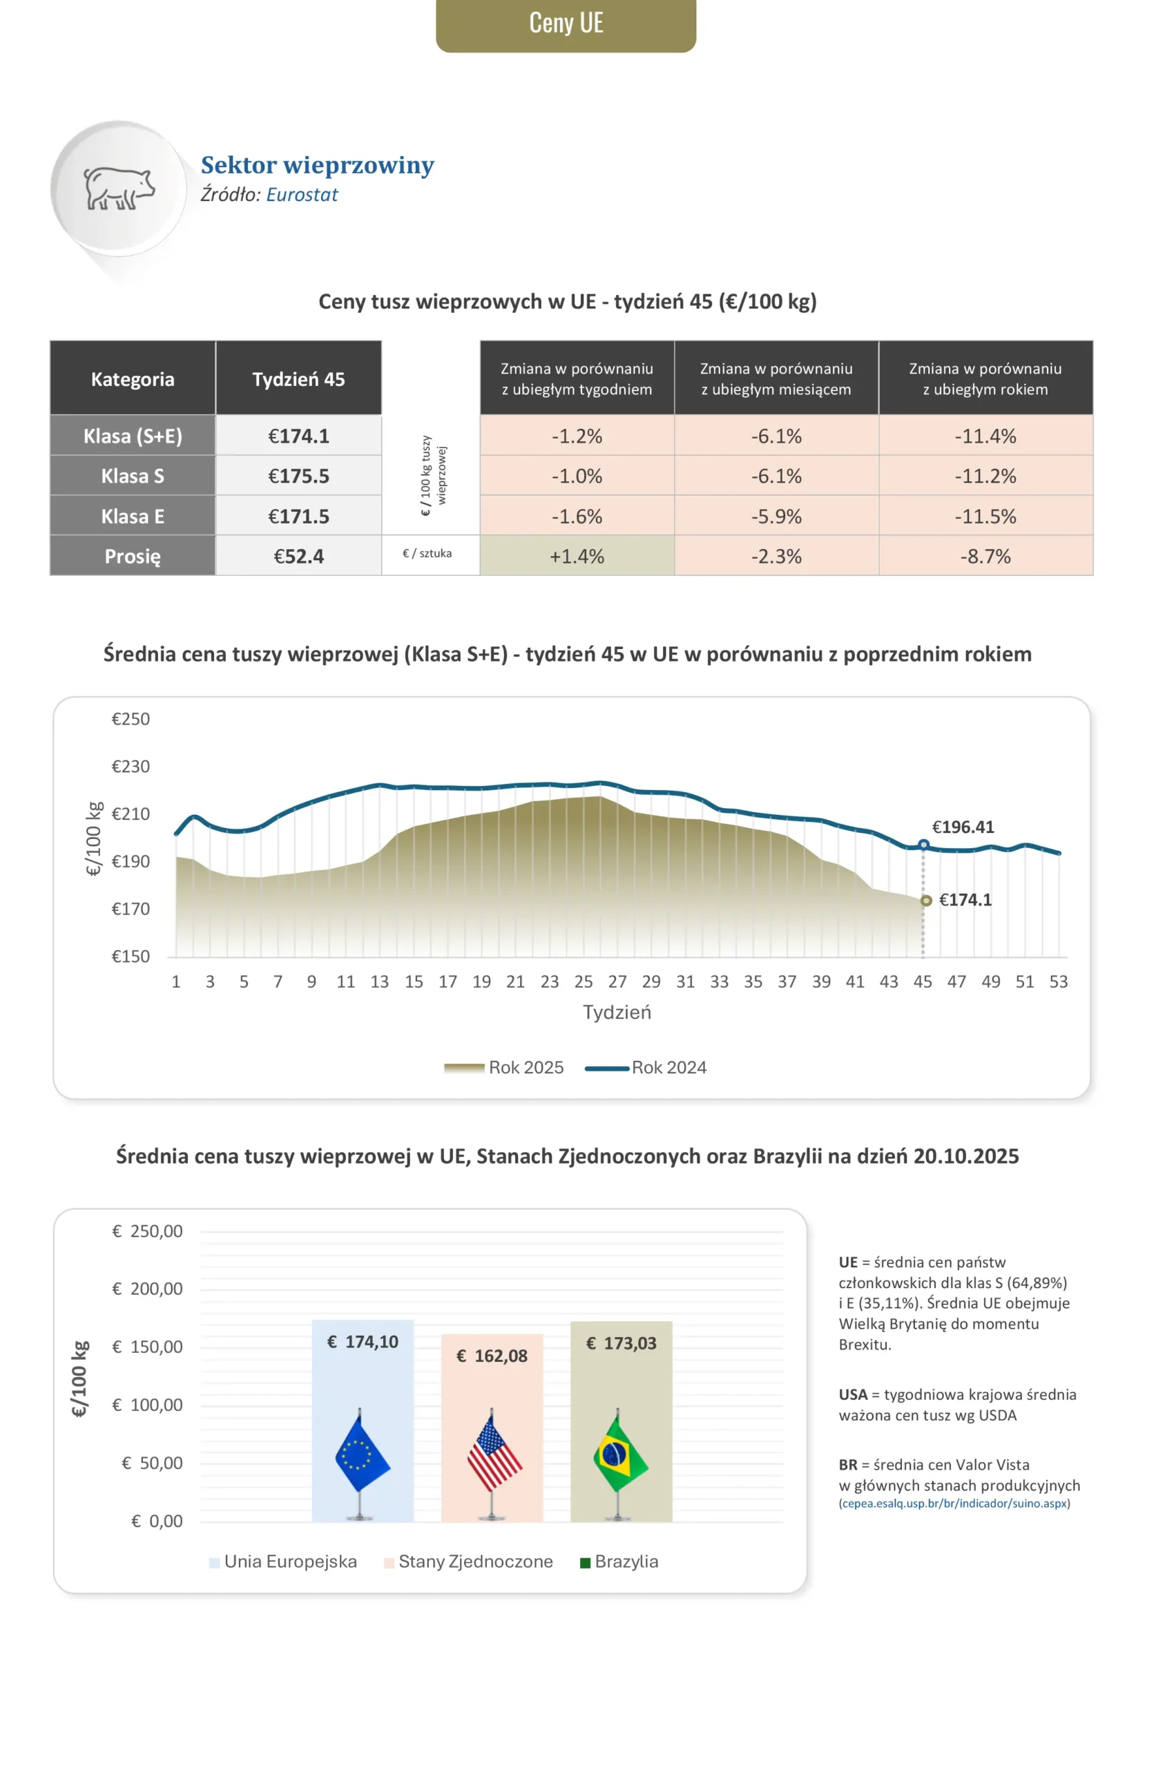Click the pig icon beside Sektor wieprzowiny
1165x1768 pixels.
tap(119, 189)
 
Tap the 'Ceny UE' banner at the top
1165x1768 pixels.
tap(566, 23)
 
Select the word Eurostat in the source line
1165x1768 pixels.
tap(302, 195)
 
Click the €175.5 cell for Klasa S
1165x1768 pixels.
tap(299, 476)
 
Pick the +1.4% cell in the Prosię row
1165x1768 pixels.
tap(577, 557)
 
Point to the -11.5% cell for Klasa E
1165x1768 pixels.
tap(985, 517)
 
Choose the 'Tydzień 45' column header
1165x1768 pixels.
tap(299, 379)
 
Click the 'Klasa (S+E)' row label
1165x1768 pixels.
tap(133, 436)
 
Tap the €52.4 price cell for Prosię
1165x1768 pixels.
tap(299, 557)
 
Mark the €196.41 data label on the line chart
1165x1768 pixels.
tap(963, 827)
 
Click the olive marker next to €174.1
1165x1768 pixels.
tap(926, 901)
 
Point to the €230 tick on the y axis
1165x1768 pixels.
tap(131, 767)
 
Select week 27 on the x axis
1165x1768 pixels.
tap(617, 982)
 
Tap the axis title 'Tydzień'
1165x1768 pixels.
tap(617, 1012)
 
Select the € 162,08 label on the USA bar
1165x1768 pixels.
tap(492, 1356)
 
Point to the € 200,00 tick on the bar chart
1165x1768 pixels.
tap(148, 1289)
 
